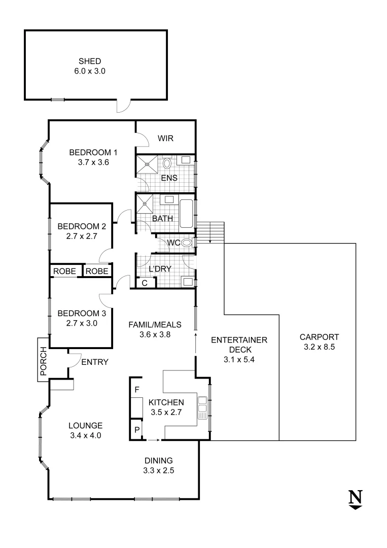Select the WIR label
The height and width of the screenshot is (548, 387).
[x=165, y=138]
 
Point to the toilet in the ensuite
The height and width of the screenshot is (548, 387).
[x=167, y=163]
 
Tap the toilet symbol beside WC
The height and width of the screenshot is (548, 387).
[x=187, y=243]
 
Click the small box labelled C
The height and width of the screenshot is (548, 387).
[x=145, y=283]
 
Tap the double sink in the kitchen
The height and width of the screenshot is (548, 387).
[x=202, y=407]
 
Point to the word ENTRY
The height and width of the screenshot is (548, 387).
[x=94, y=362]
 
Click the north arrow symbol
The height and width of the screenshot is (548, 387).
[x=356, y=499]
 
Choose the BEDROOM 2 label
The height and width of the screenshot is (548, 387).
[x=81, y=226]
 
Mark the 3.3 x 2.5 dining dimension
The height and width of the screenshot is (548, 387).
[x=158, y=471]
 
